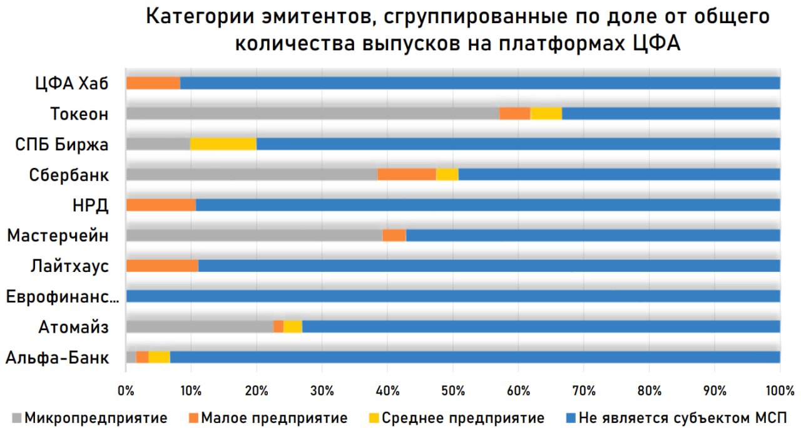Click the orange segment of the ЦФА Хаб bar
[153, 83]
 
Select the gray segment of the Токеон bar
[312, 113]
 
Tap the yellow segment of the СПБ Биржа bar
[223, 144]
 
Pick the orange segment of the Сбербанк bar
[407, 174]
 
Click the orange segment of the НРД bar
[161, 205]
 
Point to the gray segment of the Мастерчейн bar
[254, 235]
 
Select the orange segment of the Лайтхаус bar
[162, 266]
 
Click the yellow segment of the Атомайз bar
[293, 326]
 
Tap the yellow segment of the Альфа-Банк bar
[159, 357]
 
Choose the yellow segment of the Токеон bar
[546, 113]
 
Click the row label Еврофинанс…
[63, 296]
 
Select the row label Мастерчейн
[58, 236]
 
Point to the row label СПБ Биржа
[62, 144]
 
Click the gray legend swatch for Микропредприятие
[16, 417]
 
